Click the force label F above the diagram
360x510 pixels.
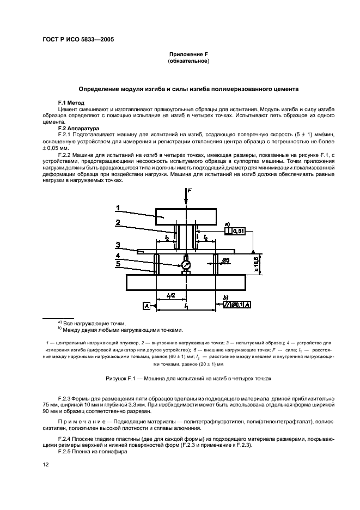tap(190, 191)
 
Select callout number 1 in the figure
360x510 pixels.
tap(117, 207)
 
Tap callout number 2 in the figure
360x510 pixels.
tap(117, 222)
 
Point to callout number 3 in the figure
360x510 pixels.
tap(117, 245)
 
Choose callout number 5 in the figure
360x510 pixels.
tap(117, 264)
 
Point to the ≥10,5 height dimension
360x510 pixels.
tap(257, 263)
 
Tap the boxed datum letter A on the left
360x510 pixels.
tap(147, 307)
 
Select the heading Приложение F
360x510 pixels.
tap(188, 54)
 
